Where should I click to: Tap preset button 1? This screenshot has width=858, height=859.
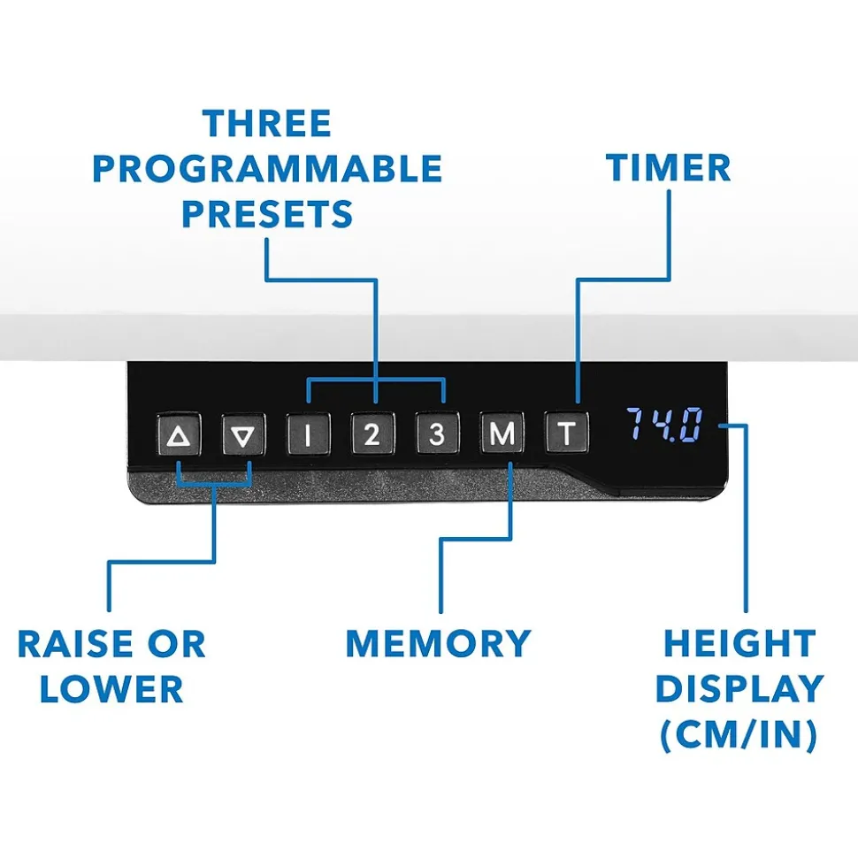point(308,434)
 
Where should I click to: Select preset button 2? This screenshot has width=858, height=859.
point(372,434)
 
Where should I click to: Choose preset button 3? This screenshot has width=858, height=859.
point(438,434)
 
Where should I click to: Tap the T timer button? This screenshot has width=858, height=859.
point(566,434)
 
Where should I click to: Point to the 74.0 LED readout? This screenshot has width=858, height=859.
point(664,426)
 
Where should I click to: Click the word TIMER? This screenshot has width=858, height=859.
point(669,167)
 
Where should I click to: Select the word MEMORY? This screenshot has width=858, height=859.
point(438,643)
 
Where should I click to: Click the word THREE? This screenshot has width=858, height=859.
point(267,124)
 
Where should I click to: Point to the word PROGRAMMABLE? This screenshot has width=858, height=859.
point(267,169)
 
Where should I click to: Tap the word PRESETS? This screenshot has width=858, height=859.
point(267,214)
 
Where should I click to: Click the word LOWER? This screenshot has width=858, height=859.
point(111,689)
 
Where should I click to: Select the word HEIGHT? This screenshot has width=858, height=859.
point(739,644)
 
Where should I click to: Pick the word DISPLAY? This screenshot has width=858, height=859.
point(739,689)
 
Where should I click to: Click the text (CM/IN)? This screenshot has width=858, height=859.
point(739,735)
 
